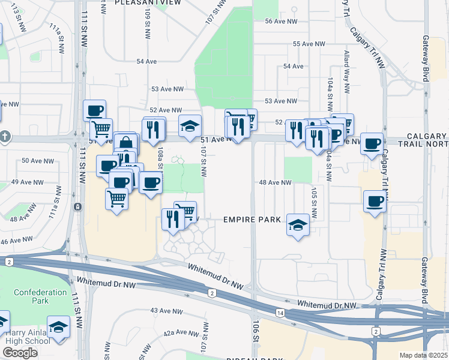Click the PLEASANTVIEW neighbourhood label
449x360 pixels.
coord(148,3)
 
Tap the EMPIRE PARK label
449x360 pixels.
coord(252,220)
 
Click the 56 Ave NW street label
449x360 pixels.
coord(281,22)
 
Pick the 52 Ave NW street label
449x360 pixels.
coord(166,110)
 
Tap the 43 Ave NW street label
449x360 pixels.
coord(166,311)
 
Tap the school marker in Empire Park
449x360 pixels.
coord(297,225)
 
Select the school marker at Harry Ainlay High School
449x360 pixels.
coord(58,327)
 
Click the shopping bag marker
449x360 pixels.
coord(126,144)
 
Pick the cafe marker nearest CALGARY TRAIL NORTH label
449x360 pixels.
coord(372,144)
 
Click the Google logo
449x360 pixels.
coord(20,353)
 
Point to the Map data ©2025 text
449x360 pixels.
coord(424,355)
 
